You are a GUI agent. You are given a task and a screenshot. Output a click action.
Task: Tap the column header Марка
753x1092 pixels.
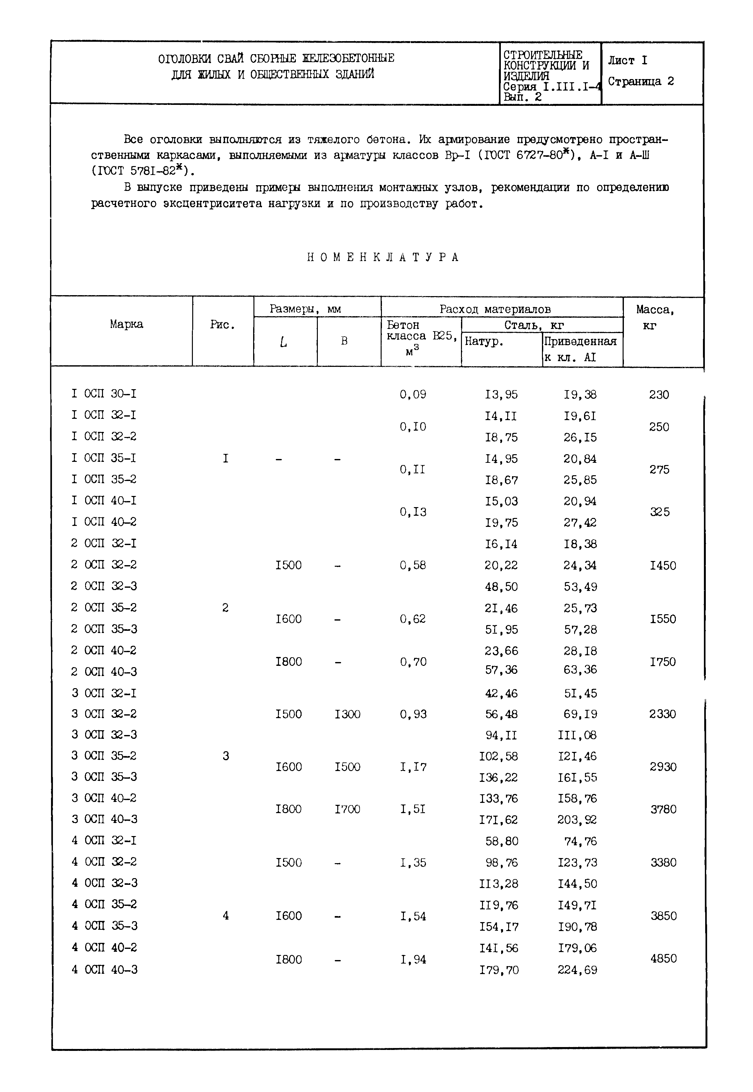pos(127,324)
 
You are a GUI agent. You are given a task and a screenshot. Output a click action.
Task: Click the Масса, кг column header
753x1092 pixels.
pos(655,317)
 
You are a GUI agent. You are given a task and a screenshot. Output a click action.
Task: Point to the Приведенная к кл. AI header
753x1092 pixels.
pos(580,349)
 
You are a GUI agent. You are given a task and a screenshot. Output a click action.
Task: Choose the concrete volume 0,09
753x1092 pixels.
pos(413,394)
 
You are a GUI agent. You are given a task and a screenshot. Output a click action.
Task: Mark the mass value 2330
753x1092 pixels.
pos(663,714)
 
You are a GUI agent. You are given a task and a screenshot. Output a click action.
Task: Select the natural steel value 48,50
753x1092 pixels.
pos(501,587)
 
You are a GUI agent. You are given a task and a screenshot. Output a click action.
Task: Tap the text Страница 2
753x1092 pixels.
pos(641,82)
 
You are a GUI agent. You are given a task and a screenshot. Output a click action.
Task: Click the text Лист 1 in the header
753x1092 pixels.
pos(627,60)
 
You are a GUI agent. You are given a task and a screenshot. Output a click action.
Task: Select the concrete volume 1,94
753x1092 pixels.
pos(413,959)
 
